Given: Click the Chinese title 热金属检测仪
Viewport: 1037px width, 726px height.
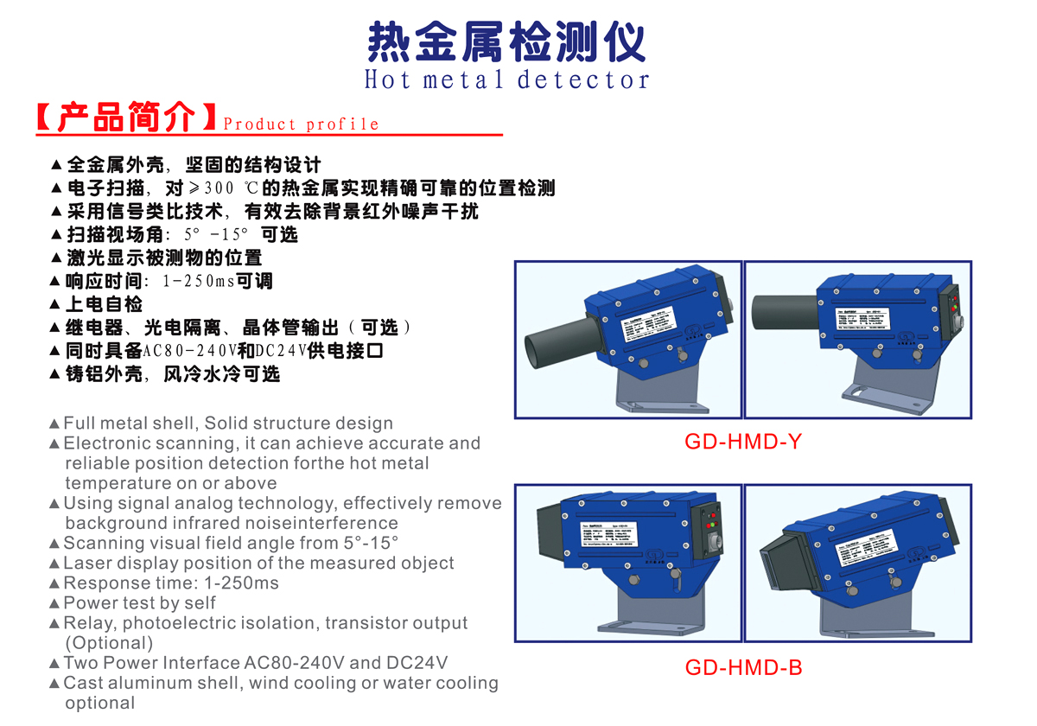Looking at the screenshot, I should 506,41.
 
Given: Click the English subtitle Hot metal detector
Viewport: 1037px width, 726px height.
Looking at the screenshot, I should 506,80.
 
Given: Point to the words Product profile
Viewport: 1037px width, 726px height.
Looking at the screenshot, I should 301,124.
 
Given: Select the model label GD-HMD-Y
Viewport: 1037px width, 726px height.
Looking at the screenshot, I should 743,442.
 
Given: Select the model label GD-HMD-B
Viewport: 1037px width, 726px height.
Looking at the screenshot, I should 743,667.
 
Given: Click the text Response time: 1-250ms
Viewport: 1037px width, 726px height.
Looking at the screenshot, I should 171,583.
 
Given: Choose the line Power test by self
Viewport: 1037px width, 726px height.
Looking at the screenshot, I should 139,603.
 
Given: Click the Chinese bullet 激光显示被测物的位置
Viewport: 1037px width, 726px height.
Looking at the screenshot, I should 163,258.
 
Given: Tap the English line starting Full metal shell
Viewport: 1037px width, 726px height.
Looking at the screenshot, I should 228,423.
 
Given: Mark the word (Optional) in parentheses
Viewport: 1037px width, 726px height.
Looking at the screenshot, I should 109,643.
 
